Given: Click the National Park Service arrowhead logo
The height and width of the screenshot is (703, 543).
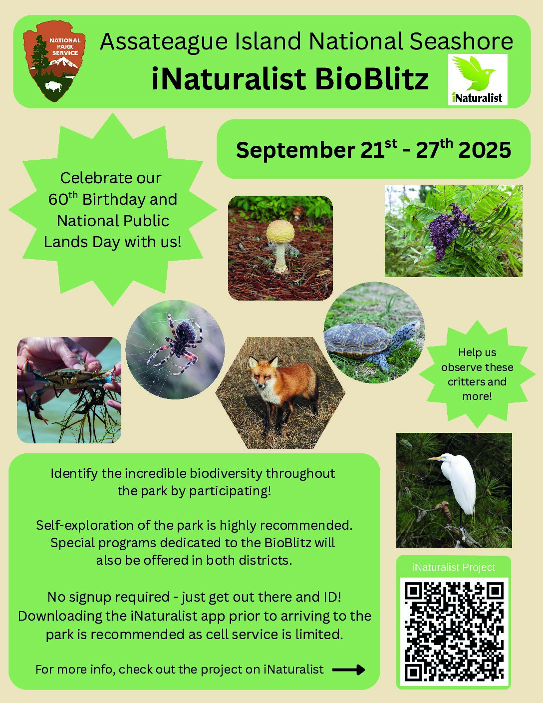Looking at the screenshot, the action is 54,61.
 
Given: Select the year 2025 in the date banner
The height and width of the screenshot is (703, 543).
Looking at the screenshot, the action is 485,150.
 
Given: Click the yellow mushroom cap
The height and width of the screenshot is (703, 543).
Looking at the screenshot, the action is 280,232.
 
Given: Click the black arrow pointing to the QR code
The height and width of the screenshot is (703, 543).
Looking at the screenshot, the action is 349,670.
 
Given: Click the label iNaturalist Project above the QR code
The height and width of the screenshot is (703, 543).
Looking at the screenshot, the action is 454,568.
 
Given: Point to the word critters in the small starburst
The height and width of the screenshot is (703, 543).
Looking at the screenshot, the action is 463,382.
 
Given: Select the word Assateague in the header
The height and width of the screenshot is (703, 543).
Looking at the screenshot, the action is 164,42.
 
